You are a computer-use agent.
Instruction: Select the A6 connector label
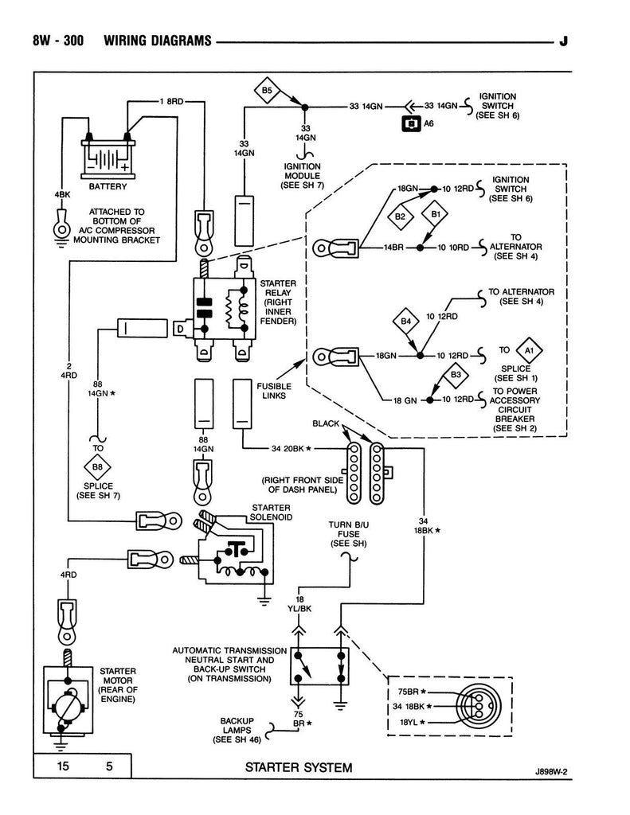[428, 123]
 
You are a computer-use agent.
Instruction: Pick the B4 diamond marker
[405, 322]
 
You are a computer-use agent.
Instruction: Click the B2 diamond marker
[400, 216]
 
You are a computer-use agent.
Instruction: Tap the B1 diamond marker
[436, 215]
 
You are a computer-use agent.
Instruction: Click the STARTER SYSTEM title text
[299, 768]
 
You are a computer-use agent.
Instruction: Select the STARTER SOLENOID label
[272, 512]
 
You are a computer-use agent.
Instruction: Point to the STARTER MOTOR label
[118, 684]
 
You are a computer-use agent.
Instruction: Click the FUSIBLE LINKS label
[274, 392]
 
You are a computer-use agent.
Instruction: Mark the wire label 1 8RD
[171, 101]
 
